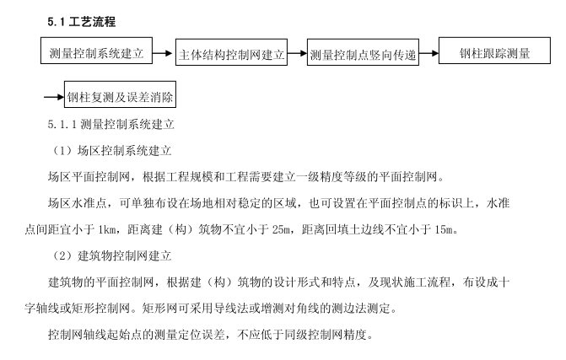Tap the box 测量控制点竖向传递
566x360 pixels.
[x=363, y=56]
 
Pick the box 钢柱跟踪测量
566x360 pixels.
[x=494, y=54]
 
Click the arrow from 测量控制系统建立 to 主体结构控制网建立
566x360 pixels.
[x=163, y=56]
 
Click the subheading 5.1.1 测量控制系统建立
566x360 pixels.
[x=111, y=125]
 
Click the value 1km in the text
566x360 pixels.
[x=108, y=229]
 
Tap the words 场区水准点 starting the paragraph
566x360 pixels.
[x=73, y=204]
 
